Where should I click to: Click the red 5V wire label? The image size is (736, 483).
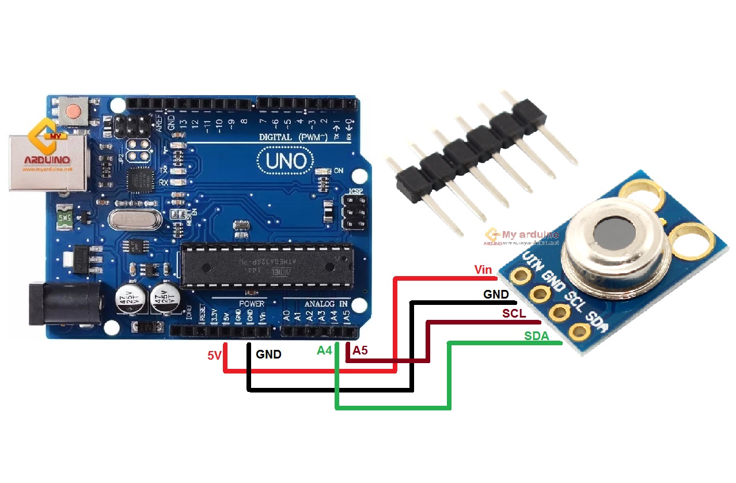point(214,356)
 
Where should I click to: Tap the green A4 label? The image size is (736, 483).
point(324,350)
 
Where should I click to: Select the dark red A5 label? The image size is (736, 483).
point(360,350)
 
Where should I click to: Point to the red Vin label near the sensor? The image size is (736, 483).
point(483,270)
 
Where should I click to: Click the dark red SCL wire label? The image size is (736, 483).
point(514,314)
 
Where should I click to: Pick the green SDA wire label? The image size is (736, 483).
point(536,336)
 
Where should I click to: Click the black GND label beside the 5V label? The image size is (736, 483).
point(268,354)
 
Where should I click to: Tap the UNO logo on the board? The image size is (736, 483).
point(286,161)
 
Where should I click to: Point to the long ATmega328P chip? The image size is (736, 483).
point(266,265)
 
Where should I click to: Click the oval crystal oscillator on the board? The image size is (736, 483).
point(135,220)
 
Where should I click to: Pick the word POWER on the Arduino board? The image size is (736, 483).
point(251,303)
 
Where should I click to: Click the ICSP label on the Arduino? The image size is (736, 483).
point(355,191)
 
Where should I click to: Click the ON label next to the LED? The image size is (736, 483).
point(339,171)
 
